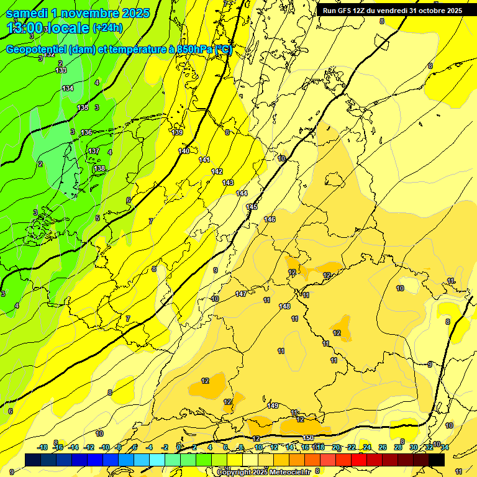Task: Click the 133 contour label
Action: [x=61, y=70]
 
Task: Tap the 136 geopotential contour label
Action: [x=86, y=132]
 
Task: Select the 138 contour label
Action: [x=99, y=168]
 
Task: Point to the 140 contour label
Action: [x=184, y=151]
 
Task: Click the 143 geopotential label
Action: [x=228, y=183]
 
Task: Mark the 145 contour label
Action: [x=252, y=207]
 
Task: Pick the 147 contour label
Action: [x=241, y=294]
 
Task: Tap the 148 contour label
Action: [x=284, y=306]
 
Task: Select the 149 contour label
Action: [x=273, y=406]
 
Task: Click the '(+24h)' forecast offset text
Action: [x=107, y=28]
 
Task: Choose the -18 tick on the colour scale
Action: [x=42, y=448]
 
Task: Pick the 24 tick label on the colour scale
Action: [x=367, y=448]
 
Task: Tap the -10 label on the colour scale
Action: [x=104, y=448]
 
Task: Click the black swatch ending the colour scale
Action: [x=437, y=460]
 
